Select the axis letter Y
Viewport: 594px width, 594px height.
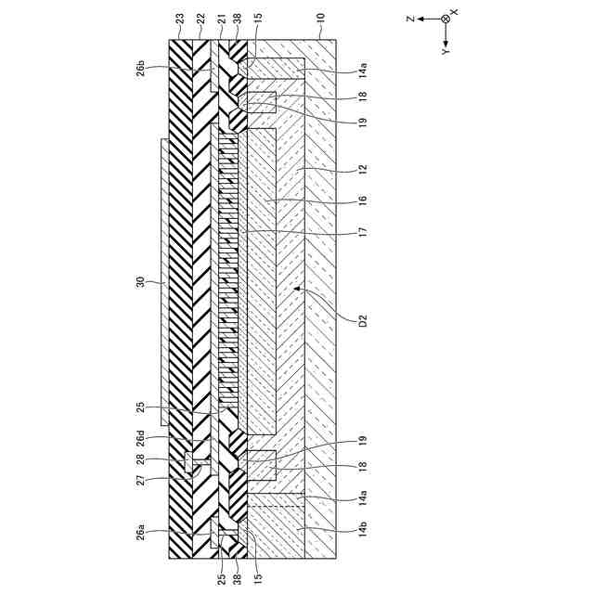click(x=445, y=54)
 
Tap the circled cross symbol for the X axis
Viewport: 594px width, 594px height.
click(x=445, y=19)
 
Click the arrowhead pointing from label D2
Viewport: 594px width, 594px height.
click(x=296, y=290)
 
